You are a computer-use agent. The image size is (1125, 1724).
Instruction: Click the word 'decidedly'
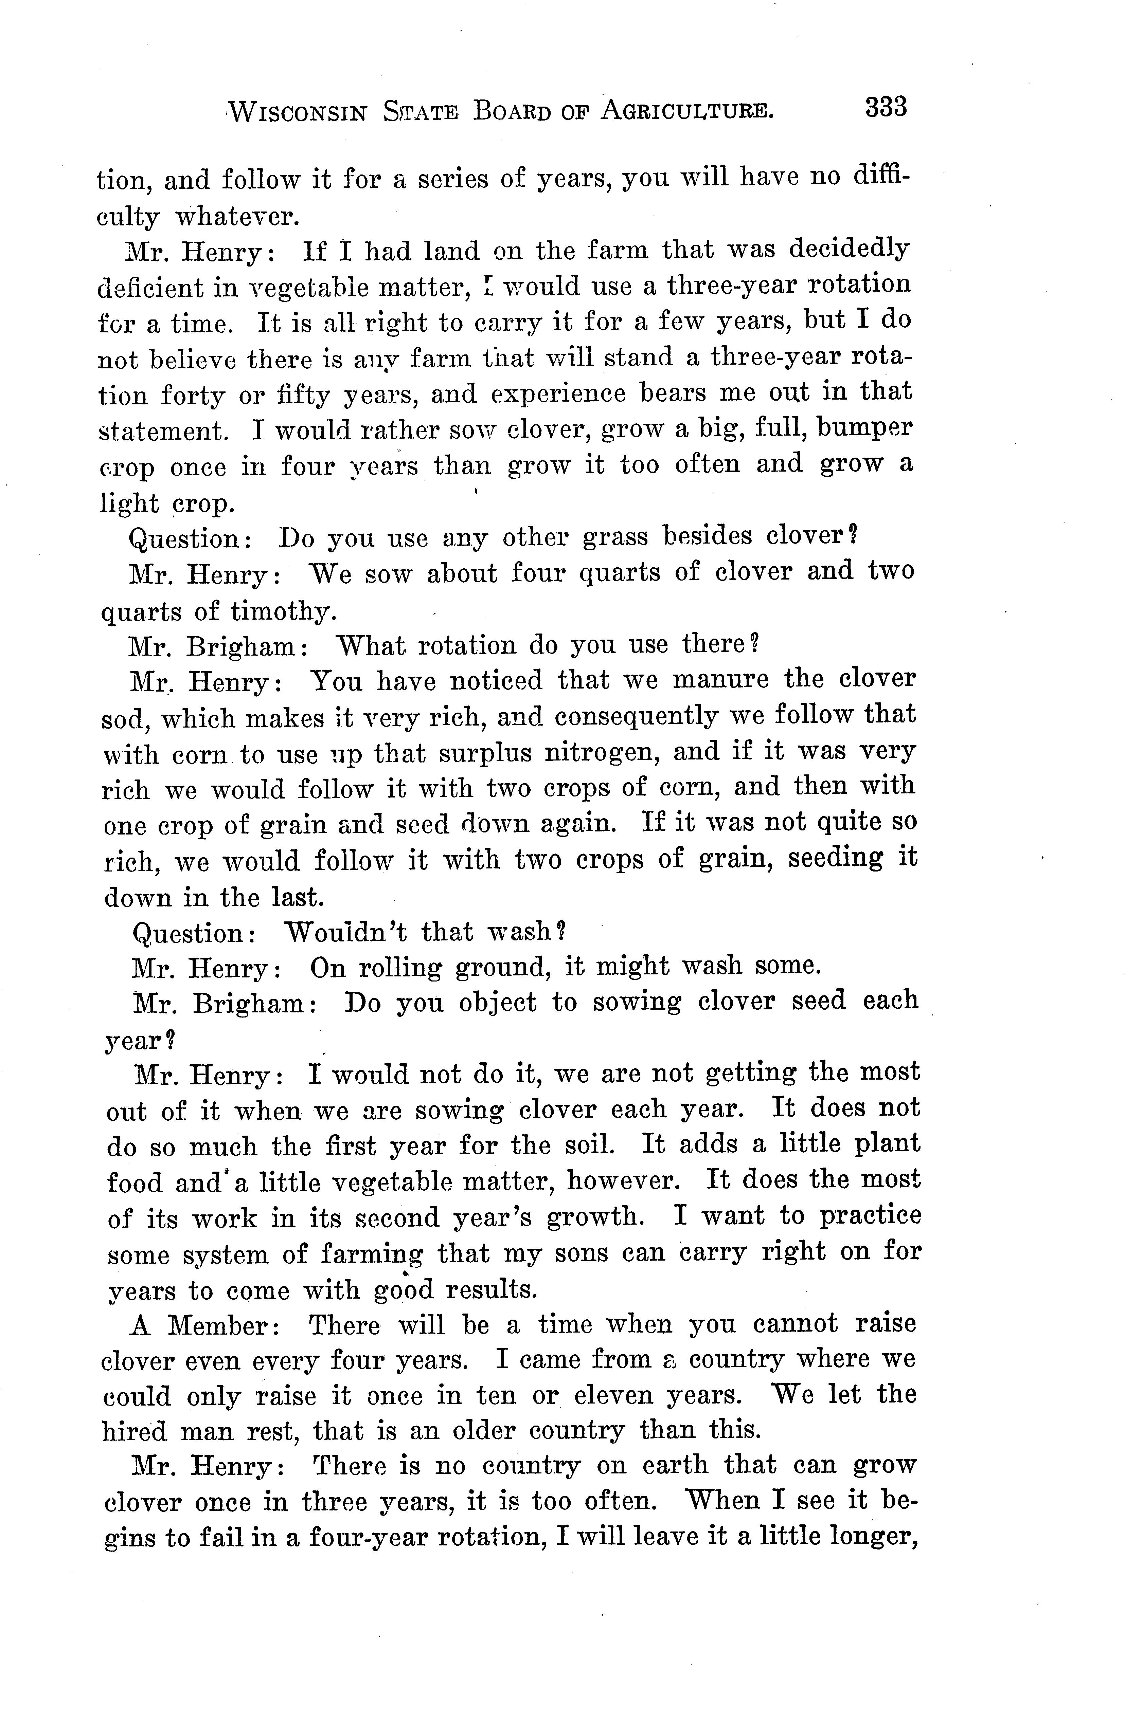[848, 250]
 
